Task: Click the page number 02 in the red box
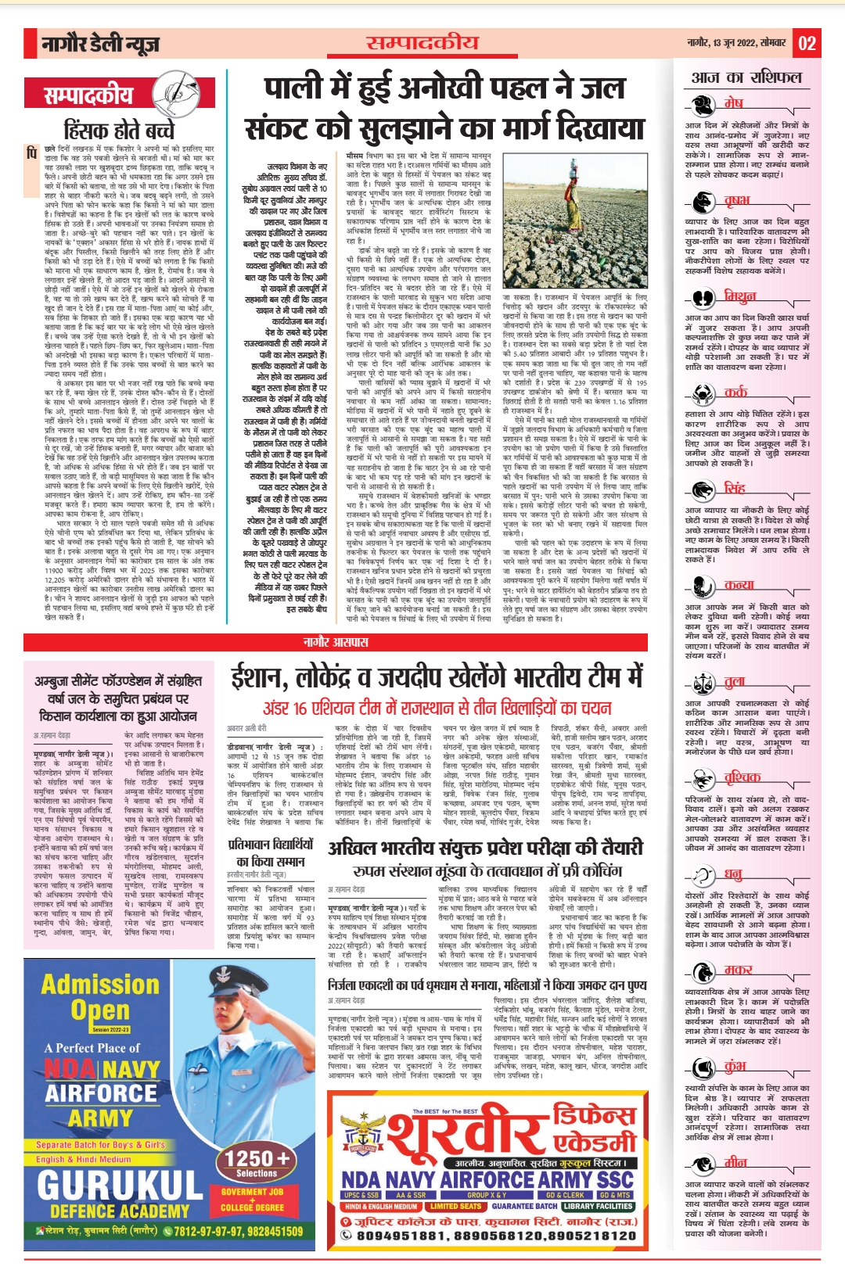pyautogui.click(x=807, y=44)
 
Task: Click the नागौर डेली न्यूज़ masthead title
pyautogui.click(x=100, y=45)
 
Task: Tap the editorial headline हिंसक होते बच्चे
pyautogui.click(x=120, y=129)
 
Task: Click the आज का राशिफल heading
pyautogui.click(x=746, y=77)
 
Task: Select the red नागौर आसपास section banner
pyautogui.click(x=336, y=642)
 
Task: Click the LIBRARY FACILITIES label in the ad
pyautogui.click(x=599, y=1206)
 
